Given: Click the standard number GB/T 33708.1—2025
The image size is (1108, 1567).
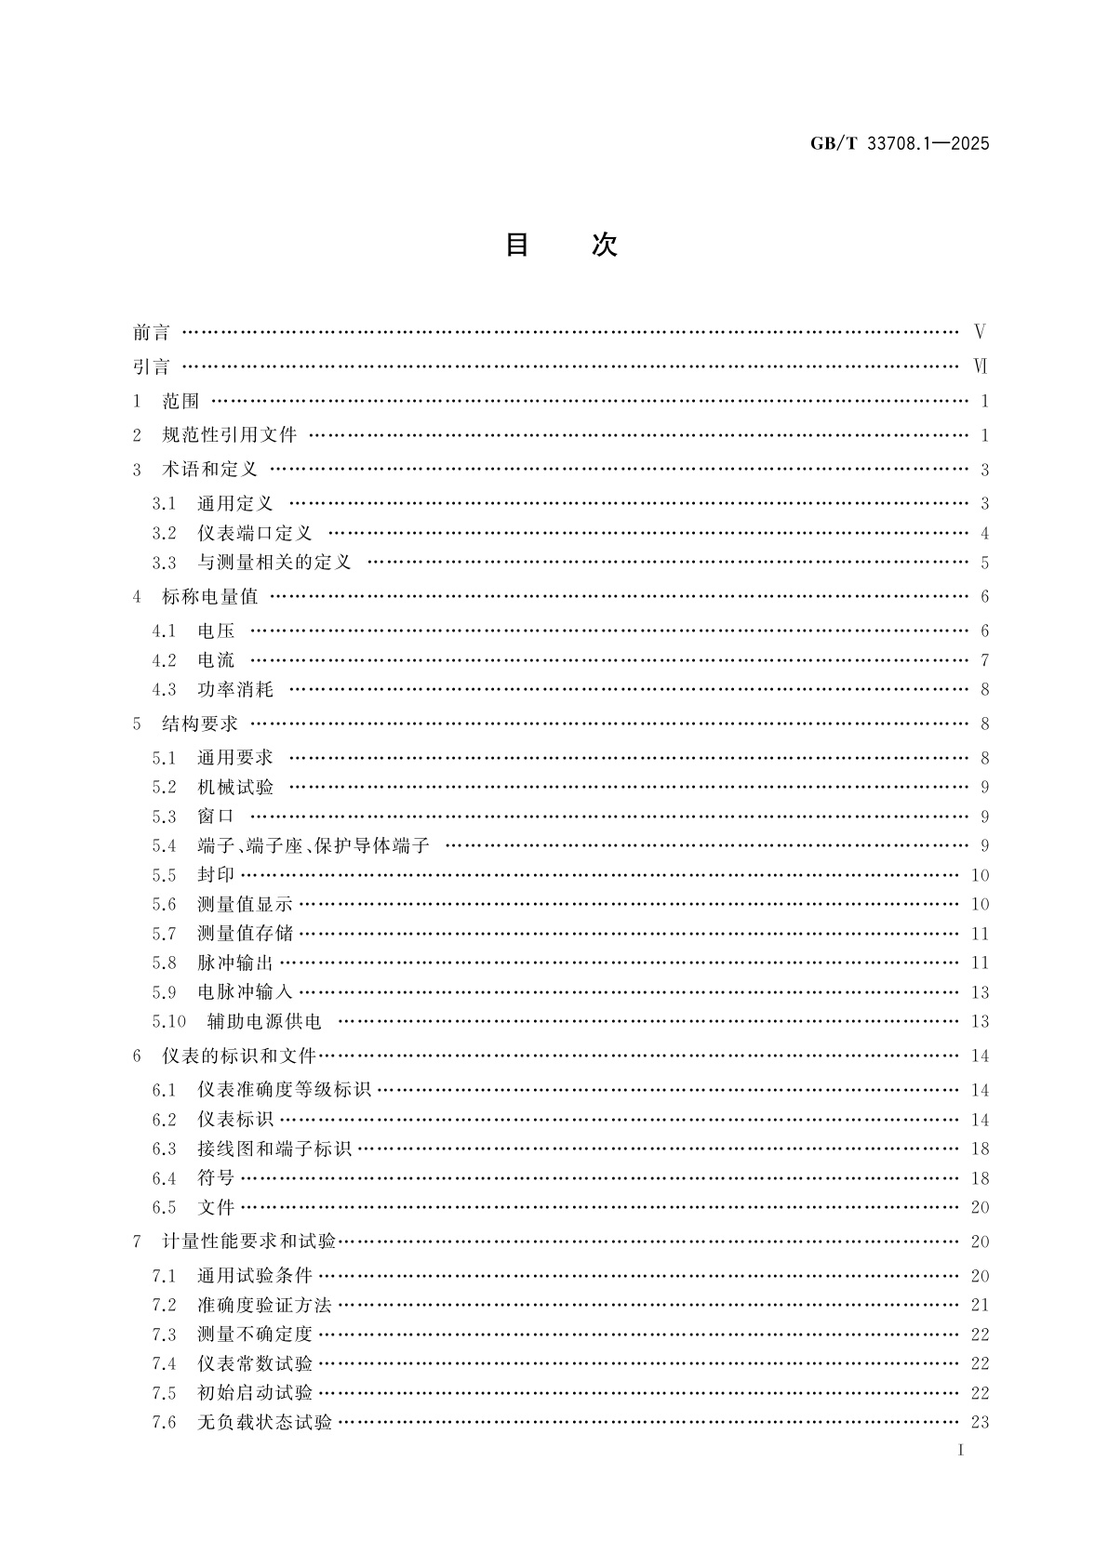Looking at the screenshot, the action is click(900, 143).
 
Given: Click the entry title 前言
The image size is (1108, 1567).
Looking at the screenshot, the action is click(152, 332).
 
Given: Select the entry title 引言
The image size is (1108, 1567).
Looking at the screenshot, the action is click(152, 366).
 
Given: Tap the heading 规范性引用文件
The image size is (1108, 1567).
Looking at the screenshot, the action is click(229, 435).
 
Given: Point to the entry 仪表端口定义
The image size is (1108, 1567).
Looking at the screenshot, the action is click(255, 533).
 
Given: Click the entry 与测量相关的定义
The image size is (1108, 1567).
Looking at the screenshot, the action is click(274, 563).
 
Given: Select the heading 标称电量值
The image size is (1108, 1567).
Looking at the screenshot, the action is click(209, 597).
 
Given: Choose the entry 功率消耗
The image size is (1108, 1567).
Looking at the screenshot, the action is click(235, 689).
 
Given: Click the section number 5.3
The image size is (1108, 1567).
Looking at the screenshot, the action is click(164, 817).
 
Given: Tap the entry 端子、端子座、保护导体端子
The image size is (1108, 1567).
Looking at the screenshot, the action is click(314, 845).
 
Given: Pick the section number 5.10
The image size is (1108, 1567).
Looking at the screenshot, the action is click(169, 1021).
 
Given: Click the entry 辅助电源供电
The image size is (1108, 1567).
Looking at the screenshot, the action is click(264, 1021).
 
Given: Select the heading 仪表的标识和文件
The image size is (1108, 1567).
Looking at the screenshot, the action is click(239, 1056).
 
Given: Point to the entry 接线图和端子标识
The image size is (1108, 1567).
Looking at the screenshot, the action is click(274, 1149).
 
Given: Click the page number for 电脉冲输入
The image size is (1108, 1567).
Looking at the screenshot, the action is click(980, 992).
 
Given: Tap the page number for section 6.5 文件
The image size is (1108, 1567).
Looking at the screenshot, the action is click(980, 1207).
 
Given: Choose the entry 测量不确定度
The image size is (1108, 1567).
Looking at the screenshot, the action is click(255, 1335).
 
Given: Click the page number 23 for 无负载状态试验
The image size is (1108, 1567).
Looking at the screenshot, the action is click(980, 1422).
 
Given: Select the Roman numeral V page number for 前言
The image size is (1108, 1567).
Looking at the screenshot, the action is click(980, 332).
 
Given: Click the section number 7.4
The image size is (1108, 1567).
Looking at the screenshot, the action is click(164, 1363).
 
